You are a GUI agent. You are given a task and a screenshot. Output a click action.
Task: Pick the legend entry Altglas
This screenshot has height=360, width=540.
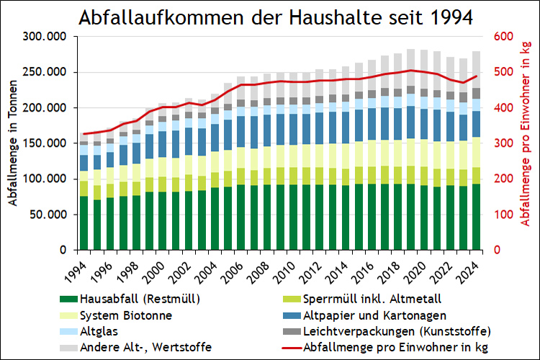coord(99,332)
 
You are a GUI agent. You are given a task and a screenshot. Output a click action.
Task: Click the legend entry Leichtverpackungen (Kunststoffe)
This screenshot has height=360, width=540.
coord(396,332)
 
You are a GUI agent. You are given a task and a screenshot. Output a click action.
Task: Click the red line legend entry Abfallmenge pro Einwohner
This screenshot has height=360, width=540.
coord(385,348)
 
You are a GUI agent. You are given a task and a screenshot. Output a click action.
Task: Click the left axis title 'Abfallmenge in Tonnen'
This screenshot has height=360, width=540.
coord(14,143)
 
